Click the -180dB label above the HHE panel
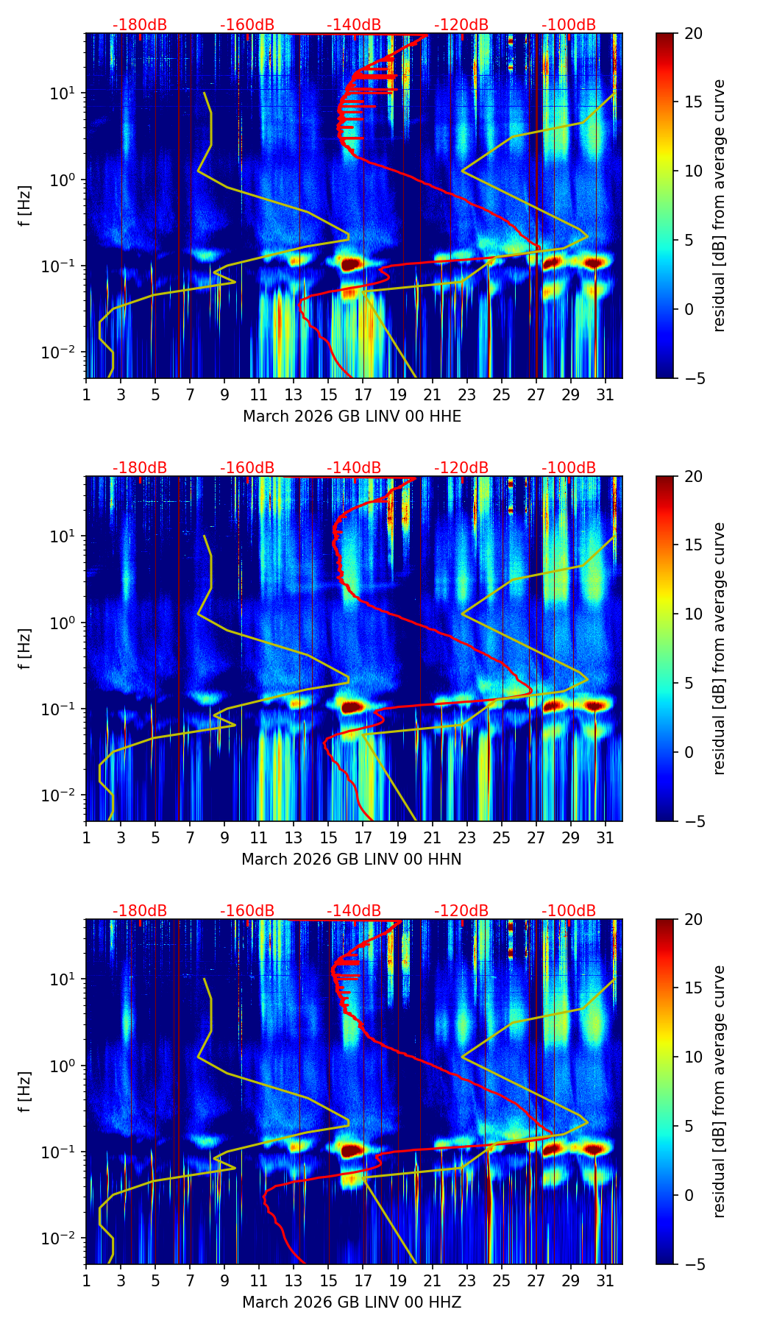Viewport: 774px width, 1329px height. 140,25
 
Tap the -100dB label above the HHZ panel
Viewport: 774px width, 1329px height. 569,911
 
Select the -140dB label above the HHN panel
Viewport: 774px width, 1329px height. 354,468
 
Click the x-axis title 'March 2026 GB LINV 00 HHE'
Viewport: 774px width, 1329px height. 352,417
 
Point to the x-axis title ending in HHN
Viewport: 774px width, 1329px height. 352,860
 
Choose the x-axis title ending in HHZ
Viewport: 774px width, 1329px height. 352,1303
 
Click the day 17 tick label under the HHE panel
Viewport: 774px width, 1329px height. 363,394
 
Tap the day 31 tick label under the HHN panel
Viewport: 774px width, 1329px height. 606,837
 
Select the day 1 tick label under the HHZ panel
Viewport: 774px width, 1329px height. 86,1280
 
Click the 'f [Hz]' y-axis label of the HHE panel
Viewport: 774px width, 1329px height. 25,205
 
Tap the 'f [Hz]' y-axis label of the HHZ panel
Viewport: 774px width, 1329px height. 25,1091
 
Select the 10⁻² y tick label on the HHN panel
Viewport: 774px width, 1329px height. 62,795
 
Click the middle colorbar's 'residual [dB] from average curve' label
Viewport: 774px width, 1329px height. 720,648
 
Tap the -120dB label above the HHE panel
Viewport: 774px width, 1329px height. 461,25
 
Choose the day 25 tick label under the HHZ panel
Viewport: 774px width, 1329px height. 502,1280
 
